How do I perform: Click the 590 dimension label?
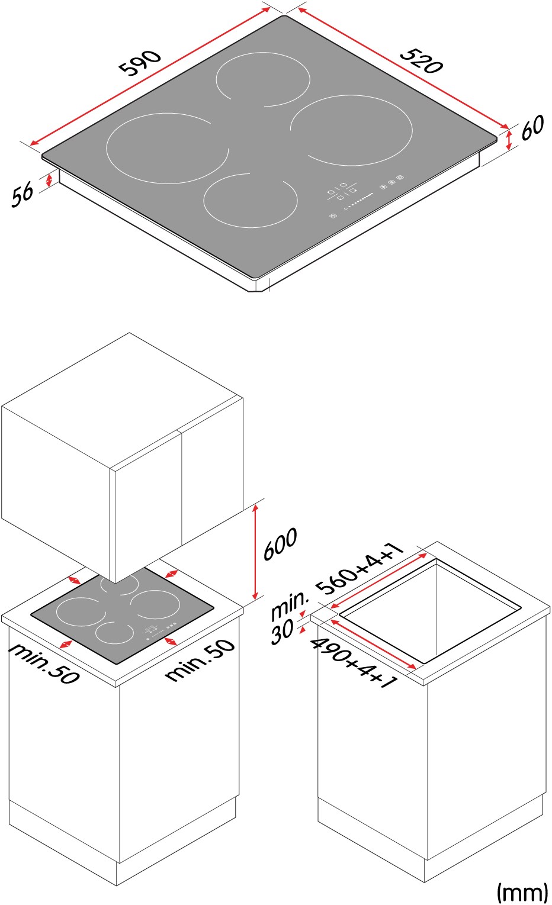click(x=140, y=63)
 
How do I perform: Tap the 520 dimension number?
click(x=421, y=61)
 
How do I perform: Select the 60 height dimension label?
click(x=532, y=127)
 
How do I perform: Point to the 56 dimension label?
click(x=22, y=195)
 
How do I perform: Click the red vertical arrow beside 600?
click(x=255, y=552)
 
